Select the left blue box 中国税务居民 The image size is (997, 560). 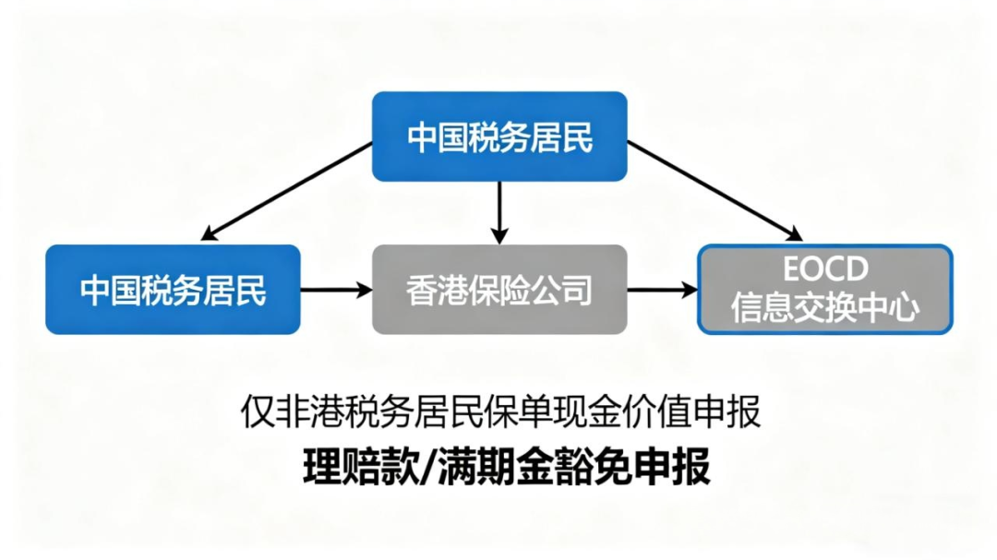click(173, 289)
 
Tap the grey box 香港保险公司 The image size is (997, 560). click(499, 289)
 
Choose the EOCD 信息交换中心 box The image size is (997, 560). click(824, 289)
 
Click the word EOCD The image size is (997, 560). click(825, 269)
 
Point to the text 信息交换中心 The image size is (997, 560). click(825, 308)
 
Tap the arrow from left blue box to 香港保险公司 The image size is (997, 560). click(335, 290)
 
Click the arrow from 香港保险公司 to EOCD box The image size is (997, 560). click(662, 290)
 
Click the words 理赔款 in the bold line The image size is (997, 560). click(362, 467)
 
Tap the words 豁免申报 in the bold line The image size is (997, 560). click(631, 467)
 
